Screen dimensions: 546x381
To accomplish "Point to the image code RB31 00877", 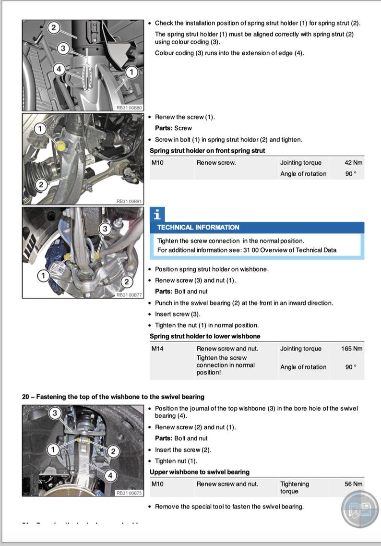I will pyautogui.click(x=130, y=295).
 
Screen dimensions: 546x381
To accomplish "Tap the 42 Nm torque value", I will pyautogui.click(x=353, y=163).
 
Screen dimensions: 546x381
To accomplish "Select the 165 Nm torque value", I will pyautogui.click(x=351, y=349).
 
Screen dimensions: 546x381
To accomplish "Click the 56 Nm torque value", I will pyautogui.click(x=353, y=484).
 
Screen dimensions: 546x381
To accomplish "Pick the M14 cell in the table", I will pyautogui.click(x=158, y=349).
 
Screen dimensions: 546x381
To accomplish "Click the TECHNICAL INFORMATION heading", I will pyautogui.click(x=198, y=227).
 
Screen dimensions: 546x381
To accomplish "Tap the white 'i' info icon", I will pyautogui.click(x=157, y=214).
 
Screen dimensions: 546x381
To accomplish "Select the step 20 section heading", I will pyautogui.click(x=113, y=397).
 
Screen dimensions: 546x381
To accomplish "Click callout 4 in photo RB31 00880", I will pyautogui.click(x=59, y=69).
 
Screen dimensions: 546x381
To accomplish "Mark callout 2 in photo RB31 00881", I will pyautogui.click(x=41, y=184).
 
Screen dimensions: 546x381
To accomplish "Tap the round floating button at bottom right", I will pyautogui.click(x=359, y=510).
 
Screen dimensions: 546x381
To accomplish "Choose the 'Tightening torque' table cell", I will pyautogui.click(x=294, y=487).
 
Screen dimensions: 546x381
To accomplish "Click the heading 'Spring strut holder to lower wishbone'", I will pyautogui.click(x=205, y=336).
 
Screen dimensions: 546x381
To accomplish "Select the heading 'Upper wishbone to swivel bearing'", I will pyautogui.click(x=200, y=472).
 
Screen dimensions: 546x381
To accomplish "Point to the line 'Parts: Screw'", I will pyautogui.click(x=173, y=128).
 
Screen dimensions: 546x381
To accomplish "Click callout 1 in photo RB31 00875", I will pyautogui.click(x=54, y=449).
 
